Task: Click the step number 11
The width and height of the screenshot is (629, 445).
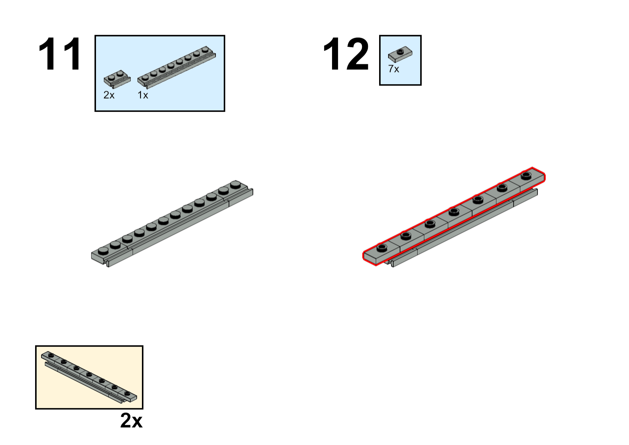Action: pos(60,54)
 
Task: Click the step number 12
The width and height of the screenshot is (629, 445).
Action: pos(346,54)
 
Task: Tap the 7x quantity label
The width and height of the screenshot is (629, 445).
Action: pos(394,69)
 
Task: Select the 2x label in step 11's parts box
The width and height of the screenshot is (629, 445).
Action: pos(109,95)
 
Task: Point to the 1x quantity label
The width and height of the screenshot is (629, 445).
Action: pos(143,95)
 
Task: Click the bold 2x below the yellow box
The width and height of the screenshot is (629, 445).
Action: pos(131,421)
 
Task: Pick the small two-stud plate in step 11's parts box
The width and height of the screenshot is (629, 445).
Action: pos(117,79)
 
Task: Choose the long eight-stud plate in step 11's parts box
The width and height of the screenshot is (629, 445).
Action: pos(177,67)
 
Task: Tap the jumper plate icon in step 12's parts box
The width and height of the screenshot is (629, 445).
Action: pos(400,54)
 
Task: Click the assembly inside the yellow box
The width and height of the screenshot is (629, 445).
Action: pos(89,377)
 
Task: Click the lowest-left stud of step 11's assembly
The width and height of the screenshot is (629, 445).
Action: pos(103,250)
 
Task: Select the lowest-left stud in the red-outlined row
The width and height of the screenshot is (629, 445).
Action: pos(382,248)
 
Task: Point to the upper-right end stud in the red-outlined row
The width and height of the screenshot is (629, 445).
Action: pos(526,176)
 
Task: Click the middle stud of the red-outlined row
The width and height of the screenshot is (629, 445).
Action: pos(454,212)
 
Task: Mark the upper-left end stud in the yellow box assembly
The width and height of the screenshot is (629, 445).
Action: pos(51,355)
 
